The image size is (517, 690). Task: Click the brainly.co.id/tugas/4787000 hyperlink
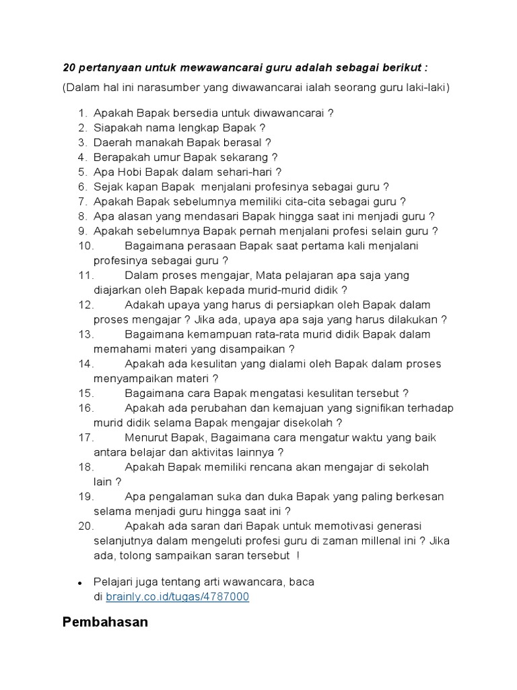click(x=177, y=596)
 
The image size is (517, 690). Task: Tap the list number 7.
click(x=83, y=201)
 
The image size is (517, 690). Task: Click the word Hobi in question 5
click(x=127, y=172)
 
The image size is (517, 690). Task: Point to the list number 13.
click(x=85, y=334)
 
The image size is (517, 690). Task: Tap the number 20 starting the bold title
click(x=69, y=68)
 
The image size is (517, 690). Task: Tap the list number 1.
click(x=83, y=113)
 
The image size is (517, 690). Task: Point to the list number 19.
click(x=85, y=497)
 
